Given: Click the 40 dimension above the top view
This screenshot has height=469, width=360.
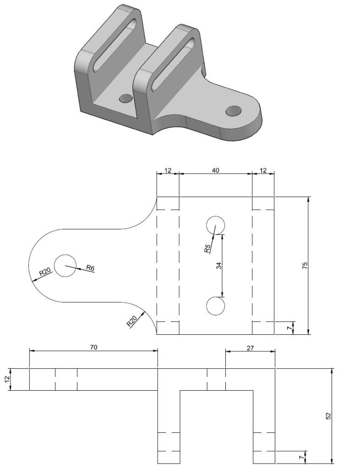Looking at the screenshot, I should tap(215, 170).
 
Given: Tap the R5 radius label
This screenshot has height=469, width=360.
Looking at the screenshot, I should tap(207, 249).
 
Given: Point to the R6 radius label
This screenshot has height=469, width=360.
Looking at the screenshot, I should tap(90, 268).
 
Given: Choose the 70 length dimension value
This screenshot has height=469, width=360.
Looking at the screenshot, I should tap(93, 347).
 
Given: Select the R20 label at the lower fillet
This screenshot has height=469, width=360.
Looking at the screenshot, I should tap(132, 322).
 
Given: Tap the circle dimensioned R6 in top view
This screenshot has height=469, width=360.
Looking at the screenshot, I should tap(65, 266).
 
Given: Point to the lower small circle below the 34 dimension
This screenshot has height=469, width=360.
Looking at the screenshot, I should tap(215, 306).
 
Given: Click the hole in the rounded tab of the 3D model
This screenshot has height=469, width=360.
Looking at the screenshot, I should tap(234, 110).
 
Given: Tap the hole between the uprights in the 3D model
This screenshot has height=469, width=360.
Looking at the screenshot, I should tap(125, 98).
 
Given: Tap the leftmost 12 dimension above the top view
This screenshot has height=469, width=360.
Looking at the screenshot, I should tap(167, 170).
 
